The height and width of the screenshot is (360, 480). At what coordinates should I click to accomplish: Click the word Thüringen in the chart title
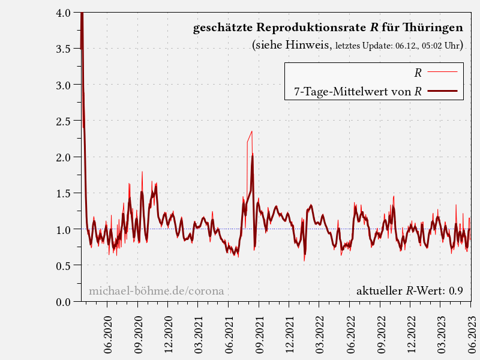tap(434, 28)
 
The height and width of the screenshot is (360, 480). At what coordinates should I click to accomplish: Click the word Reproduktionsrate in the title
tap(311, 28)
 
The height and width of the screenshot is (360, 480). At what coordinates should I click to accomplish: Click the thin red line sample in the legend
tap(443, 73)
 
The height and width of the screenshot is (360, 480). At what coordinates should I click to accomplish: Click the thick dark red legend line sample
tap(443, 91)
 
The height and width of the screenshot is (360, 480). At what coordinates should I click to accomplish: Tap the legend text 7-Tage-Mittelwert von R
tap(358, 92)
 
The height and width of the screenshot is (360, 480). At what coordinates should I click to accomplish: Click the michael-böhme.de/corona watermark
tap(156, 292)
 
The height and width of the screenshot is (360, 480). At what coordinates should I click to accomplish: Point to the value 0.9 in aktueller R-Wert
tap(455, 292)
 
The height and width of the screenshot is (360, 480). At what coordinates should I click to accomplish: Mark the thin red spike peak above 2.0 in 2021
tap(251, 131)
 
